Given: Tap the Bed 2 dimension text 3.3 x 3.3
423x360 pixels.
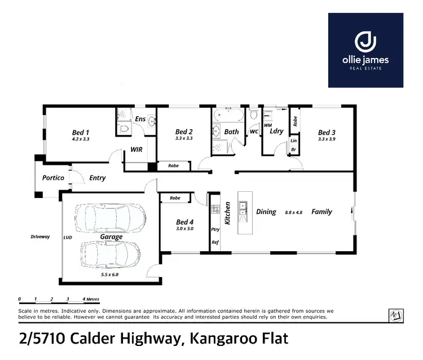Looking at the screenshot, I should click(184, 138).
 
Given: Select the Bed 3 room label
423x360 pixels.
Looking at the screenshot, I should click(327, 131).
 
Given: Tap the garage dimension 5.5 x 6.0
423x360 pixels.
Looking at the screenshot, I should click(111, 274).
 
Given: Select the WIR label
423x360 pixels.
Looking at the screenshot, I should click(136, 150).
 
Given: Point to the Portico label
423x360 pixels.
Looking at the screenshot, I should click(54, 178).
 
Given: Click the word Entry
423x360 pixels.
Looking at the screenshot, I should click(98, 178).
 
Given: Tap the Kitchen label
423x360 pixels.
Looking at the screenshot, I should click(228, 213).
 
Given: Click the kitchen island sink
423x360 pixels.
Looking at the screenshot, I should click(243, 207).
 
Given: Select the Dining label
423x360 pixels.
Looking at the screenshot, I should click(266, 212).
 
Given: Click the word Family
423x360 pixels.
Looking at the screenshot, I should click(321, 212).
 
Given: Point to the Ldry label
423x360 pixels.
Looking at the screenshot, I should click(276, 131).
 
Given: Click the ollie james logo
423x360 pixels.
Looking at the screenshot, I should click(365, 50).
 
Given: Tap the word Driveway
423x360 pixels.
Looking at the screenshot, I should click(40, 236).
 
